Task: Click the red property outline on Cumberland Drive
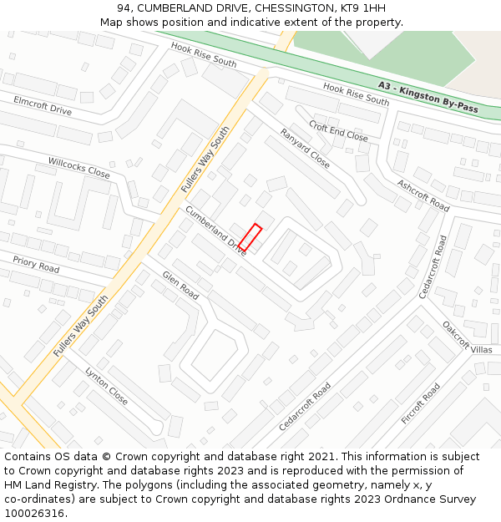coord(250,237)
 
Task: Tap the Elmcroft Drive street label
coord(43,104)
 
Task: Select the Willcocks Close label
coord(78,167)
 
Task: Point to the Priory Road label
coord(36,264)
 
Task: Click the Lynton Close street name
coord(106,386)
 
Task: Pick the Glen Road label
coord(180,285)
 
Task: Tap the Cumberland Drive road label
coord(215,231)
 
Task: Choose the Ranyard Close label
coord(305,148)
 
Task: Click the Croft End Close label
coord(338,131)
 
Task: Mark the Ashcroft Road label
coord(423,195)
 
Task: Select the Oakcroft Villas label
coord(468,338)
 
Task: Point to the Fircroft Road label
coord(420,403)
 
